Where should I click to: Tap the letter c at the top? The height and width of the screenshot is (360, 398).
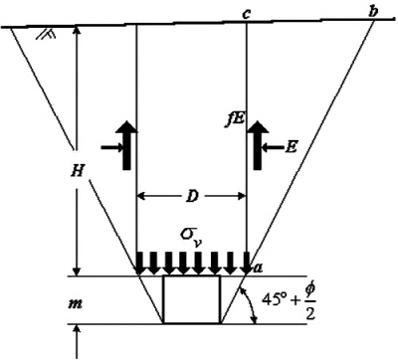pos(245,12)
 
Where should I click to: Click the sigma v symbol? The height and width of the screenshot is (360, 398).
pos(188,235)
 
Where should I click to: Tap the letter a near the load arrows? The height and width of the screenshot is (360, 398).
pos(256,268)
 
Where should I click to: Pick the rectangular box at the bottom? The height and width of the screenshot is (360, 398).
pos(192,299)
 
